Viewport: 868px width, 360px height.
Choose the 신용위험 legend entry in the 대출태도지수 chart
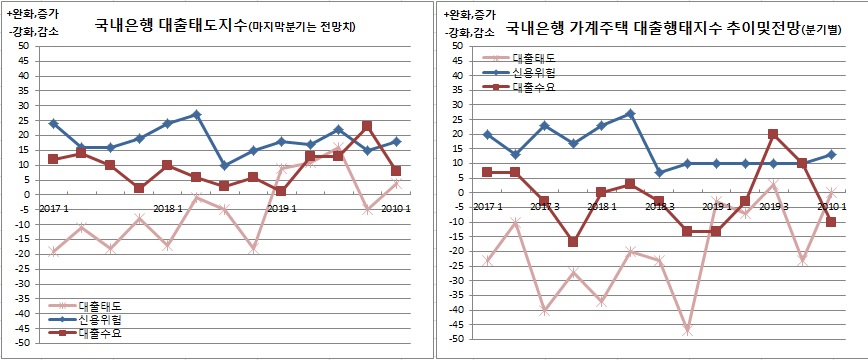pyautogui.click(x=97, y=319)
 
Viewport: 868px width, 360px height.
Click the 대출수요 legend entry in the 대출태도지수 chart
pyautogui.click(x=97, y=334)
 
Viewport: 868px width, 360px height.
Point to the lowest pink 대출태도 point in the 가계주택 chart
pyautogui.click(x=686, y=330)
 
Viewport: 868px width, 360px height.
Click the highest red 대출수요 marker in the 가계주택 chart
pyautogui.click(x=773, y=133)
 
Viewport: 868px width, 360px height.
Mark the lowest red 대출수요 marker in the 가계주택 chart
pyautogui.click(x=572, y=242)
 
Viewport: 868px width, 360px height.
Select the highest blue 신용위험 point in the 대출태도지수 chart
pyautogui.click(x=196, y=114)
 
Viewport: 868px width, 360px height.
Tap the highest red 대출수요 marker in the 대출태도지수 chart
pyautogui.click(x=367, y=126)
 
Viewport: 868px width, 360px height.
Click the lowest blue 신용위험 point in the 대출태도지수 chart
pyautogui.click(x=224, y=165)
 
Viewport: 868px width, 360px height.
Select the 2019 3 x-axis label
pyautogui.click(x=774, y=206)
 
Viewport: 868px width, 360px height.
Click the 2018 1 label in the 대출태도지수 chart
pyautogui.click(x=168, y=209)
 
